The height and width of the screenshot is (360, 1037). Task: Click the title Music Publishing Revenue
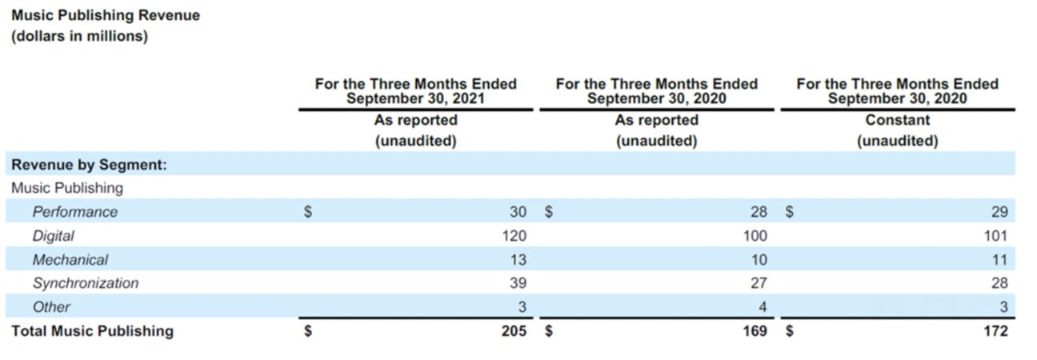(106, 15)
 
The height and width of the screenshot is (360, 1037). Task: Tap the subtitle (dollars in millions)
(79, 37)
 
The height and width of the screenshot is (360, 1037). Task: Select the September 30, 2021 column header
(415, 90)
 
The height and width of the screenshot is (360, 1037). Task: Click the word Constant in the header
(897, 120)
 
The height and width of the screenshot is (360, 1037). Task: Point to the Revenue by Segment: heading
(88, 165)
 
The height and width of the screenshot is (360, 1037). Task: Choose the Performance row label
(74, 212)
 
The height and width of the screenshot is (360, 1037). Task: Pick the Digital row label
(53, 236)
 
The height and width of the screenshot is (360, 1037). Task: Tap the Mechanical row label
(70, 259)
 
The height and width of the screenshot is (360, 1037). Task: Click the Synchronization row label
(85, 283)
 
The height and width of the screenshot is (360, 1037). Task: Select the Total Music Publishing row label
(92, 330)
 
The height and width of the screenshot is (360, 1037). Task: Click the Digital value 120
(514, 236)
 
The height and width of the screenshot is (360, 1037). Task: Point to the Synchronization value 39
(518, 283)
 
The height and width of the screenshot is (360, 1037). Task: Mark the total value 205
(514, 330)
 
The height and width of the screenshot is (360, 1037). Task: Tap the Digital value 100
(755, 236)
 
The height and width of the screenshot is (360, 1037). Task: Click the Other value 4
(763, 306)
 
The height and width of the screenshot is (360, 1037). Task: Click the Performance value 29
(999, 212)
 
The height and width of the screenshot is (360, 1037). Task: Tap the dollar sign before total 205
(307, 330)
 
